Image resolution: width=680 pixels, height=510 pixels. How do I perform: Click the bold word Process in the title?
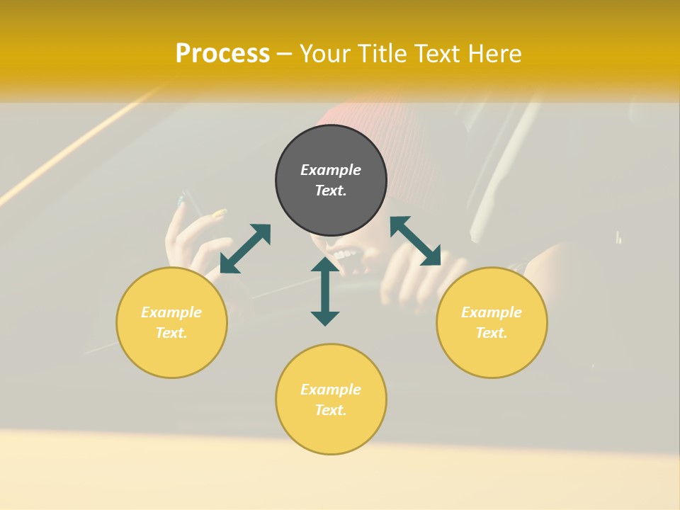click(222, 54)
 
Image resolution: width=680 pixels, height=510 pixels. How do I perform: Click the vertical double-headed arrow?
click(325, 291)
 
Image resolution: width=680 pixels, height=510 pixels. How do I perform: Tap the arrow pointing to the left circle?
click(245, 249)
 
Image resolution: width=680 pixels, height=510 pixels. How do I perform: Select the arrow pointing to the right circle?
click(415, 241)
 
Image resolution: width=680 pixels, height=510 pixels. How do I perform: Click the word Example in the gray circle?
click(331, 170)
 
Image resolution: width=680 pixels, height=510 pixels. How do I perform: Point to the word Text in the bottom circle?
click(331, 410)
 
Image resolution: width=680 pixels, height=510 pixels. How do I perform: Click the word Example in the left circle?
click(171, 312)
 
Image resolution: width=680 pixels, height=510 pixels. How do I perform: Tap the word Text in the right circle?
click(492, 333)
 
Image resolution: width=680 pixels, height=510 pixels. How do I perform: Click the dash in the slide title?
click(285, 54)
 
